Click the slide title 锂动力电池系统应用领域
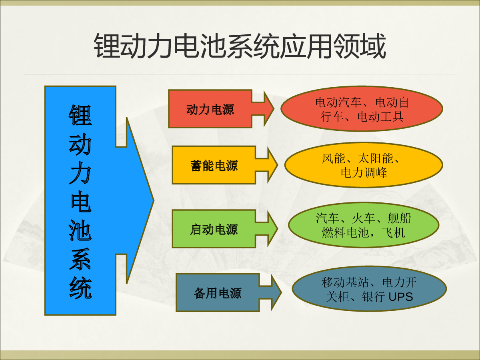[x=240, y=46]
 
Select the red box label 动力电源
[x=210, y=109]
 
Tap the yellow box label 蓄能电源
[x=214, y=166]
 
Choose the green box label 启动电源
[x=214, y=229]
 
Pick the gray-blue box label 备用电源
[x=218, y=293]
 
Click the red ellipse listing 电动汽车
[x=362, y=109]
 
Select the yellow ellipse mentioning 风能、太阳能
[x=364, y=165]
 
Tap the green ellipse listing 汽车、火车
[x=364, y=225]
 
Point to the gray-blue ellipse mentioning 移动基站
[x=369, y=289]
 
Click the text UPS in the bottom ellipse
[x=401, y=297]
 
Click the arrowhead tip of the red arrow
[x=274, y=109]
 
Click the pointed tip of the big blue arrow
[x=154, y=200]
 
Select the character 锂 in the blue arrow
[x=80, y=115]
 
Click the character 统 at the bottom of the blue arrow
[x=80, y=288]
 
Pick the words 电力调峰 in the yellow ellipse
[x=364, y=173]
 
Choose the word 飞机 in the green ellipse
[x=394, y=232]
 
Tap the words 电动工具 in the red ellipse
[x=380, y=116]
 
